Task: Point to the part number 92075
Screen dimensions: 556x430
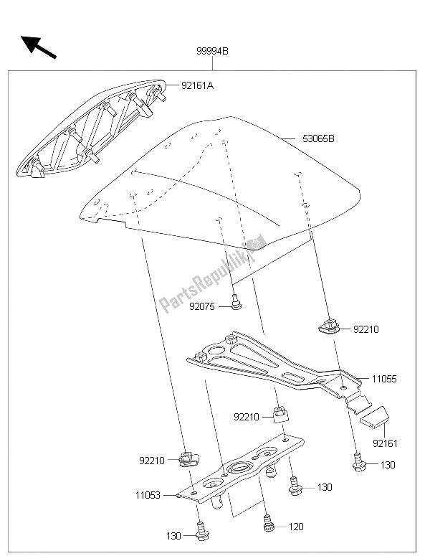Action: click(x=204, y=306)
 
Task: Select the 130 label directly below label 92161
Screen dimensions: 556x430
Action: click(x=388, y=465)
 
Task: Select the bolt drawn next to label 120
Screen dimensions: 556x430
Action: click(x=269, y=525)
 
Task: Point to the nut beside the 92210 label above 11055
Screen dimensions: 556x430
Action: click(x=330, y=327)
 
